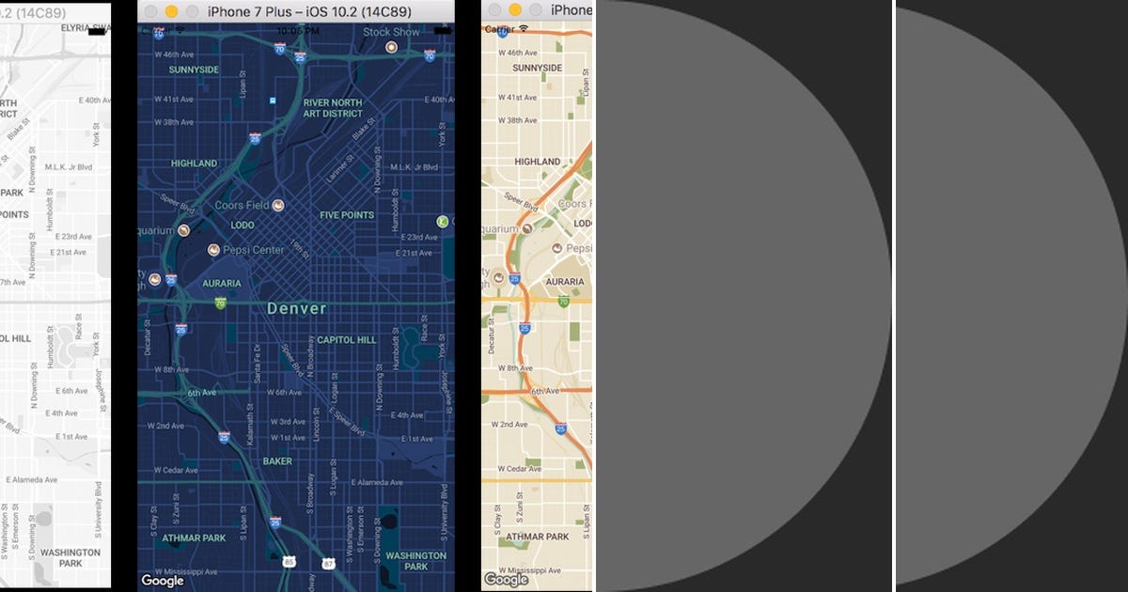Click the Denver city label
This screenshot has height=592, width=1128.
point(296,308)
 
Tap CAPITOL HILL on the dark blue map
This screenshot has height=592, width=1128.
point(346,340)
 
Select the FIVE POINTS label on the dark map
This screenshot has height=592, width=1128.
point(347,215)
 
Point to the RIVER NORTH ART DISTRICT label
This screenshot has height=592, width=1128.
point(332,108)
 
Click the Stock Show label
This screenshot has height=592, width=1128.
point(391,32)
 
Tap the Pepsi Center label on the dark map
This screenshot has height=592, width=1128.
point(253,250)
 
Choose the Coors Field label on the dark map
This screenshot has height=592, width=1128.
point(242,205)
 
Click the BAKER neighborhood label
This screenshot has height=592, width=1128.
point(277,461)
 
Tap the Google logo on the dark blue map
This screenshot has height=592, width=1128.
point(163,581)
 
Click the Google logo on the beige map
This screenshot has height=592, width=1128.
point(506,580)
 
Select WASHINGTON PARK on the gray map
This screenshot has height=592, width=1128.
point(70,558)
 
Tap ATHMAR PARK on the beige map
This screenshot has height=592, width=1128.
point(538,537)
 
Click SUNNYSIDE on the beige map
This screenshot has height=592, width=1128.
point(538,69)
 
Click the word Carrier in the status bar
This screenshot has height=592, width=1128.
point(499,30)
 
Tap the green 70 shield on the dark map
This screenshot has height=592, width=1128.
point(220,303)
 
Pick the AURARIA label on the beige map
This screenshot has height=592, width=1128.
point(564,282)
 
